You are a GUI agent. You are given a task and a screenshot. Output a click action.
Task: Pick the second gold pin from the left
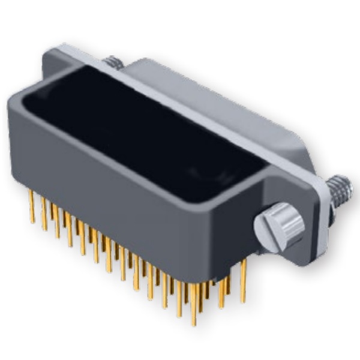point(44,216)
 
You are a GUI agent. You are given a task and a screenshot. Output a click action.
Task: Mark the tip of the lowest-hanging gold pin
point(193,323)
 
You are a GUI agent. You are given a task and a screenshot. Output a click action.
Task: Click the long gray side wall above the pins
point(120,198)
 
